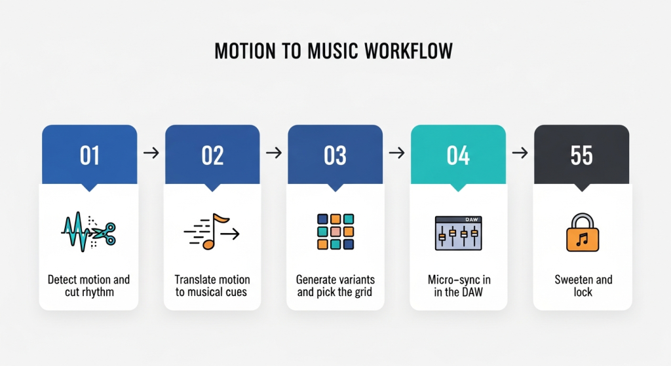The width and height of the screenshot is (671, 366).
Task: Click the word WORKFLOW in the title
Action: pos(408,51)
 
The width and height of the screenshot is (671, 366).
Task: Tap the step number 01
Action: pos(89,155)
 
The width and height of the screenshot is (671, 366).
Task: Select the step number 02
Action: pos(212,155)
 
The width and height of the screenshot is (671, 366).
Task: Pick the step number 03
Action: pos(335,155)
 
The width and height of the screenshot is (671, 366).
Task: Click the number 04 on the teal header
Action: pos(458,155)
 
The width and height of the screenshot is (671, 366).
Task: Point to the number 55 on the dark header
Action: pos(581,155)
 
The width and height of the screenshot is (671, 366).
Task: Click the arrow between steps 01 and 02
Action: pos(151,153)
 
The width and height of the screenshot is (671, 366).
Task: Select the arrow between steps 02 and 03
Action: pos(274,153)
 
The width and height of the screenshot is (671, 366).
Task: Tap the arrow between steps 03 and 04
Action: pos(396,153)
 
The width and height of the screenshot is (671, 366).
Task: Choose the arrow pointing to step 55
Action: pos(520,153)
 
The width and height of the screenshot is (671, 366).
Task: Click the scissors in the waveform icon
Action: pos(104,234)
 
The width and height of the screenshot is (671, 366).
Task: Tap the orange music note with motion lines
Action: pos(212,232)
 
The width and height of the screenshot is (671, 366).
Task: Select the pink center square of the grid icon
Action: pos(335,232)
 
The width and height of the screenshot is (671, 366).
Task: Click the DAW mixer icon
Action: pos(458,233)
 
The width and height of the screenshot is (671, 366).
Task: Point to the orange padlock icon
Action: pos(583,232)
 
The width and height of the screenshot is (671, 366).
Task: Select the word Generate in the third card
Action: pos(314,280)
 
